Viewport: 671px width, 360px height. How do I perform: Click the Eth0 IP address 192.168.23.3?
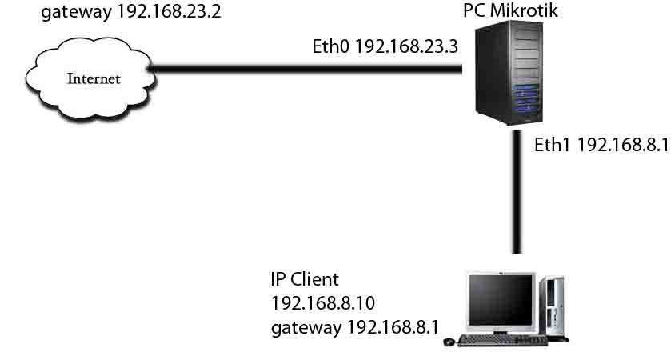(405, 46)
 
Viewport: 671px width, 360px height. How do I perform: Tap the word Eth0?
(330, 46)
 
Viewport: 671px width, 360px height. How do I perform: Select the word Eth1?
(553, 144)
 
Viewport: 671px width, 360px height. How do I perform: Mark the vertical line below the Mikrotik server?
(516, 192)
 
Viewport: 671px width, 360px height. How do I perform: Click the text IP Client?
(305, 280)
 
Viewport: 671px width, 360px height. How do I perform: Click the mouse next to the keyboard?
(449, 342)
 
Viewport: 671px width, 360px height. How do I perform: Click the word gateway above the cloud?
(71, 14)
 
